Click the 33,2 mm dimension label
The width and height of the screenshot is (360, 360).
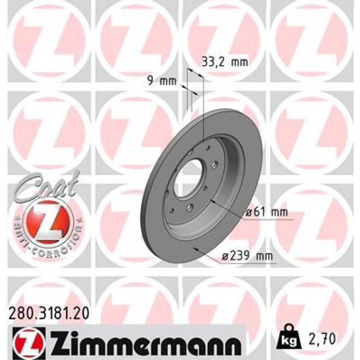pos(224,62)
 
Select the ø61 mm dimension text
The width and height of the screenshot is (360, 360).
pos(267,213)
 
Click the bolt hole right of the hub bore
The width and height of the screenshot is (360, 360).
pos(214,165)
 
